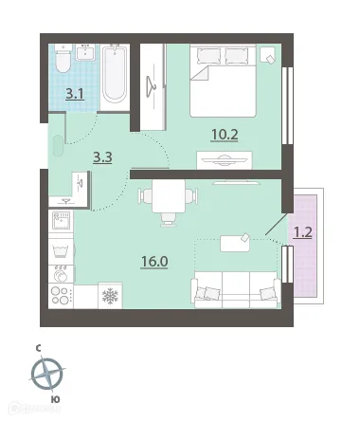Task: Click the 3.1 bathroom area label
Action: [75, 94]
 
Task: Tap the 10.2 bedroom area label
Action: [225, 135]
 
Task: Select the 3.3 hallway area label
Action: [102, 157]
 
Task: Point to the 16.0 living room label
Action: [154, 262]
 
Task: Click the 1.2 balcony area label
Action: [303, 233]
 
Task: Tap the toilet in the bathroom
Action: [63, 59]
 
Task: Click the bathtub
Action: [115, 74]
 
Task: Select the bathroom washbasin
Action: [85, 52]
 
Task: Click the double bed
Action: [223, 81]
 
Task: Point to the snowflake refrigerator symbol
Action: [110, 296]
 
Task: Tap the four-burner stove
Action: [61, 295]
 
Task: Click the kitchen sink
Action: [61, 221]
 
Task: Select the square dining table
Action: [169, 196]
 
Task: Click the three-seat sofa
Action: [236, 289]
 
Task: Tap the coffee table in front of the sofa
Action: [235, 244]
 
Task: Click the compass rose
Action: [47, 374]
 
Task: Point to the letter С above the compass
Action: [38, 349]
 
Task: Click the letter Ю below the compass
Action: [55, 400]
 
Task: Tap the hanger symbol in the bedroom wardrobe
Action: [151, 86]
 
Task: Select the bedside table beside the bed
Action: [268, 55]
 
